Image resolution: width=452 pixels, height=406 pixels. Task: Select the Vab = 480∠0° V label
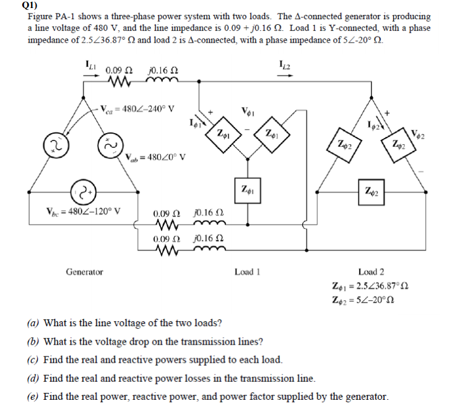(155, 157)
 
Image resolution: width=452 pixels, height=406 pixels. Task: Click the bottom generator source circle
(83, 188)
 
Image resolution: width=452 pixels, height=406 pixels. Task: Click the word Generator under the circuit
(84, 272)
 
